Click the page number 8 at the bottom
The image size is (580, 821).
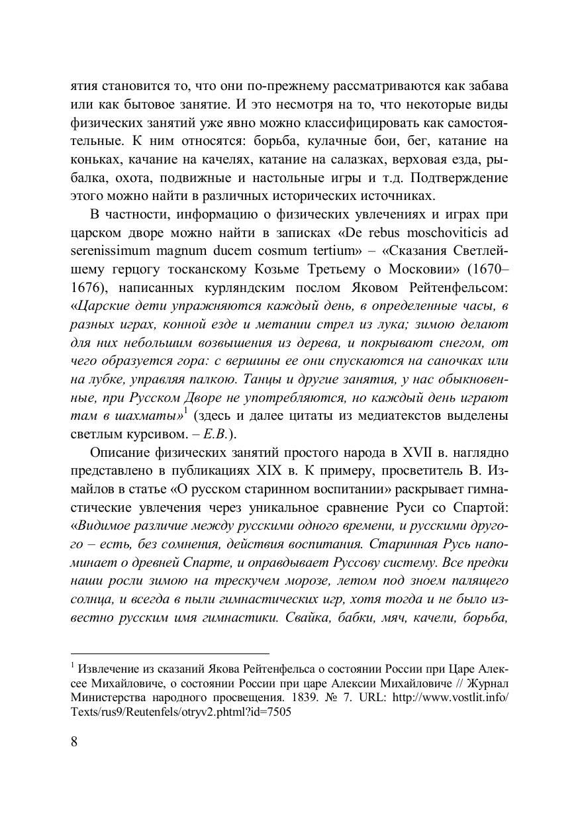pyautogui.click(x=74, y=741)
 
